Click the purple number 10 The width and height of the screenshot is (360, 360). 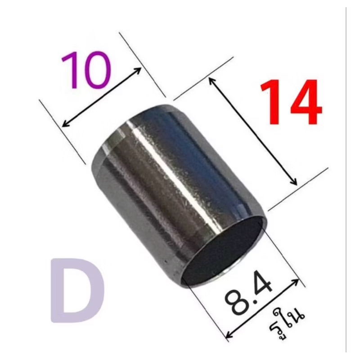[86, 70]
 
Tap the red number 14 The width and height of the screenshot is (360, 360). [291, 102]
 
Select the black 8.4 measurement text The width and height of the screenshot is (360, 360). [249, 295]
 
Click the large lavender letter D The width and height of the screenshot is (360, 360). [77, 290]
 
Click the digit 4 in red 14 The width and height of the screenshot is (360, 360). [303, 102]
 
